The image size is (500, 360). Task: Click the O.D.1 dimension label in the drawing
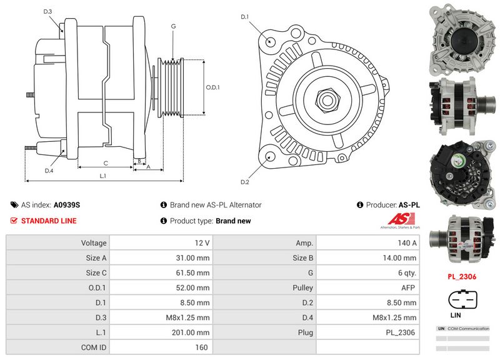click(x=213, y=87)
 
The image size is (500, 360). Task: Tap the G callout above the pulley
click(x=173, y=26)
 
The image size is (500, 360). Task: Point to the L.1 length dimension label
click(x=102, y=176)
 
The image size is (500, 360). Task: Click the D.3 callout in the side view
click(x=47, y=12)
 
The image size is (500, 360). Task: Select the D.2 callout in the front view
click(x=245, y=182)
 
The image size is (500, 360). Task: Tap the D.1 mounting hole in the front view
click(x=270, y=41)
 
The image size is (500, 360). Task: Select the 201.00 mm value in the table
click(x=161, y=332)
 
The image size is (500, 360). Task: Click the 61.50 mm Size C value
click(x=161, y=272)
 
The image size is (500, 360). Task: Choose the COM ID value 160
click(x=161, y=347)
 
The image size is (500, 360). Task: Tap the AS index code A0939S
click(x=66, y=205)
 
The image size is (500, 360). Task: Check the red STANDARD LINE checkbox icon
click(x=14, y=221)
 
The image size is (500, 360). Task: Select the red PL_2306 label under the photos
click(x=462, y=275)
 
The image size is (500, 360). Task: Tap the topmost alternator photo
click(x=462, y=37)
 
